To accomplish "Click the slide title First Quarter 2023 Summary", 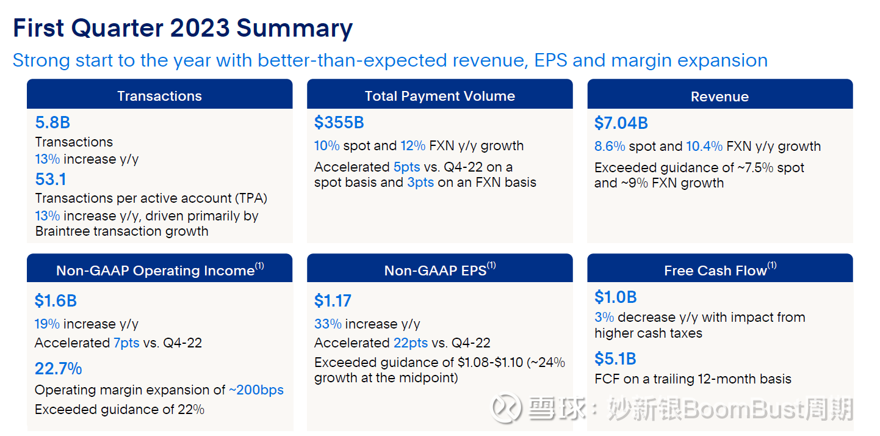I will point(182,29).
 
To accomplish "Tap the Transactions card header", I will point(159,96).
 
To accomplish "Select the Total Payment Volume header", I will point(439,96).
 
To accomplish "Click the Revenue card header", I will point(720,96).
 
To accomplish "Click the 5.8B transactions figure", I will point(52,123).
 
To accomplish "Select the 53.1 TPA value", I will point(51,180).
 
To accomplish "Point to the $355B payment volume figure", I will point(339,123).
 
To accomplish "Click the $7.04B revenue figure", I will point(621,123).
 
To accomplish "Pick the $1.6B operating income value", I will point(56,300).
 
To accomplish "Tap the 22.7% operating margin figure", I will point(58,369).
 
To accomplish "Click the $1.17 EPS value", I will point(333,300).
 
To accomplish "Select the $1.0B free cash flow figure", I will point(615,297).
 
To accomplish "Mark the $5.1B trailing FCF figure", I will point(615,358).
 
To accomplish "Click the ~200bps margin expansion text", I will point(256,390).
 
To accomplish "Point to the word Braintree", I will point(63,231).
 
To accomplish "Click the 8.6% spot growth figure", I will point(609,147).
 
